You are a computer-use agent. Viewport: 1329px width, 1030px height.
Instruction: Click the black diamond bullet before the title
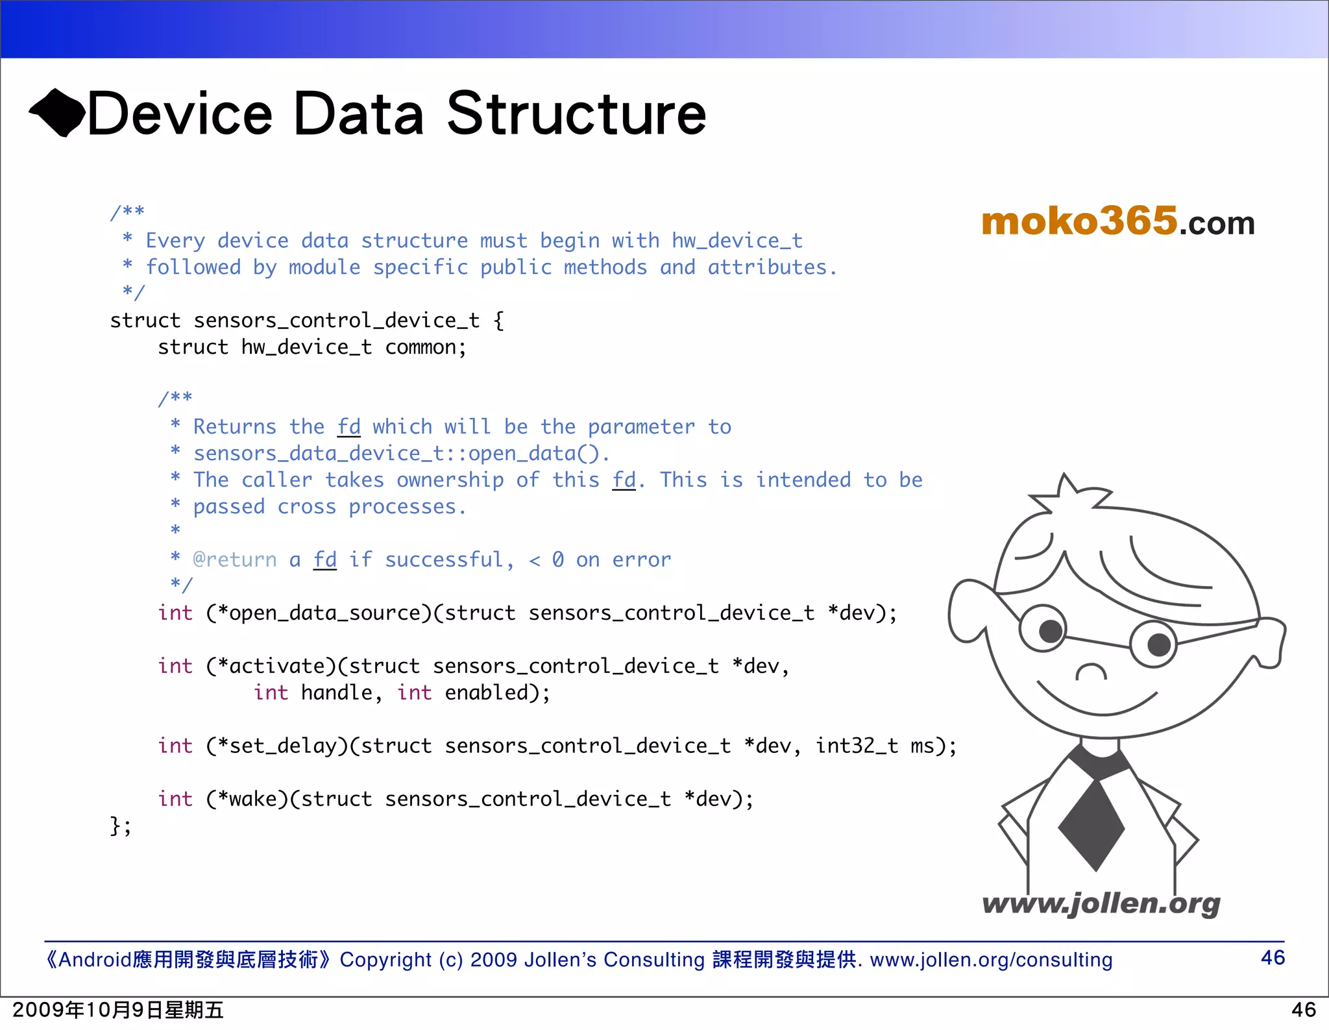pos(57,113)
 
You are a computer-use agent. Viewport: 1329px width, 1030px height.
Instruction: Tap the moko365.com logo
pos(1117,221)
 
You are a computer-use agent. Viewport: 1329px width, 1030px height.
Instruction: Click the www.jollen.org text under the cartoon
pos(1101,903)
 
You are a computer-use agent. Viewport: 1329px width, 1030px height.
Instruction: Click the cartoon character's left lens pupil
pos(1051,631)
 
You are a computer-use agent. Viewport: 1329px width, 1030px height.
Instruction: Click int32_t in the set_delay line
pos(857,746)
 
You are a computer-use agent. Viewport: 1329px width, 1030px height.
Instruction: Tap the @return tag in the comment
pos(235,560)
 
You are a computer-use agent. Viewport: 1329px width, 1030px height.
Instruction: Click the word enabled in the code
pos(487,693)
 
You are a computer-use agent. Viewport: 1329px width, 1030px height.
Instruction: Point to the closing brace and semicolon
pos(120,826)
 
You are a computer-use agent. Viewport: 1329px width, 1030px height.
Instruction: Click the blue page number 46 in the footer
pos(1272,958)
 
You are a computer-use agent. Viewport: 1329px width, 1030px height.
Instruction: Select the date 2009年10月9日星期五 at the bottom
pos(118,1011)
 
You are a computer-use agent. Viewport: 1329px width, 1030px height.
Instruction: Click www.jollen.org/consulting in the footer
pos(991,960)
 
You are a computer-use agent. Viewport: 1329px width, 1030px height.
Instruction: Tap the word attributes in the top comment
pos(767,268)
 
